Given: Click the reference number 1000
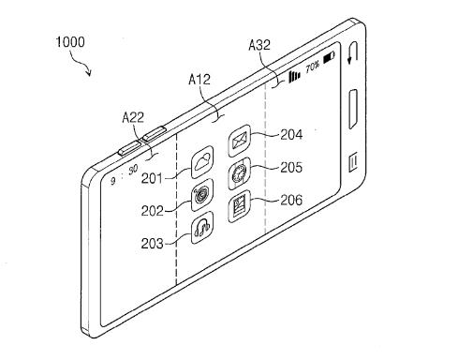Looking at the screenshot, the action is pos(70,42).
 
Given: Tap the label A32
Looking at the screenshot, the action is pos(259,45).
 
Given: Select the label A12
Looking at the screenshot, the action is pos(199,80).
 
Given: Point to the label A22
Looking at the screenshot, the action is pos(133,117).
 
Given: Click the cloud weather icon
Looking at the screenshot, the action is pos(202,162).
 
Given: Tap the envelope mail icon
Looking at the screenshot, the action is pos(240,141).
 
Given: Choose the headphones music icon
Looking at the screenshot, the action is pos(202,228).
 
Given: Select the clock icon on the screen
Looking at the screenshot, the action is pos(240,173).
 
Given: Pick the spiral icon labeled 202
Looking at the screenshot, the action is pos(202,195).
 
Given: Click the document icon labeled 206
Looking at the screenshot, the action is pos(240,206).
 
